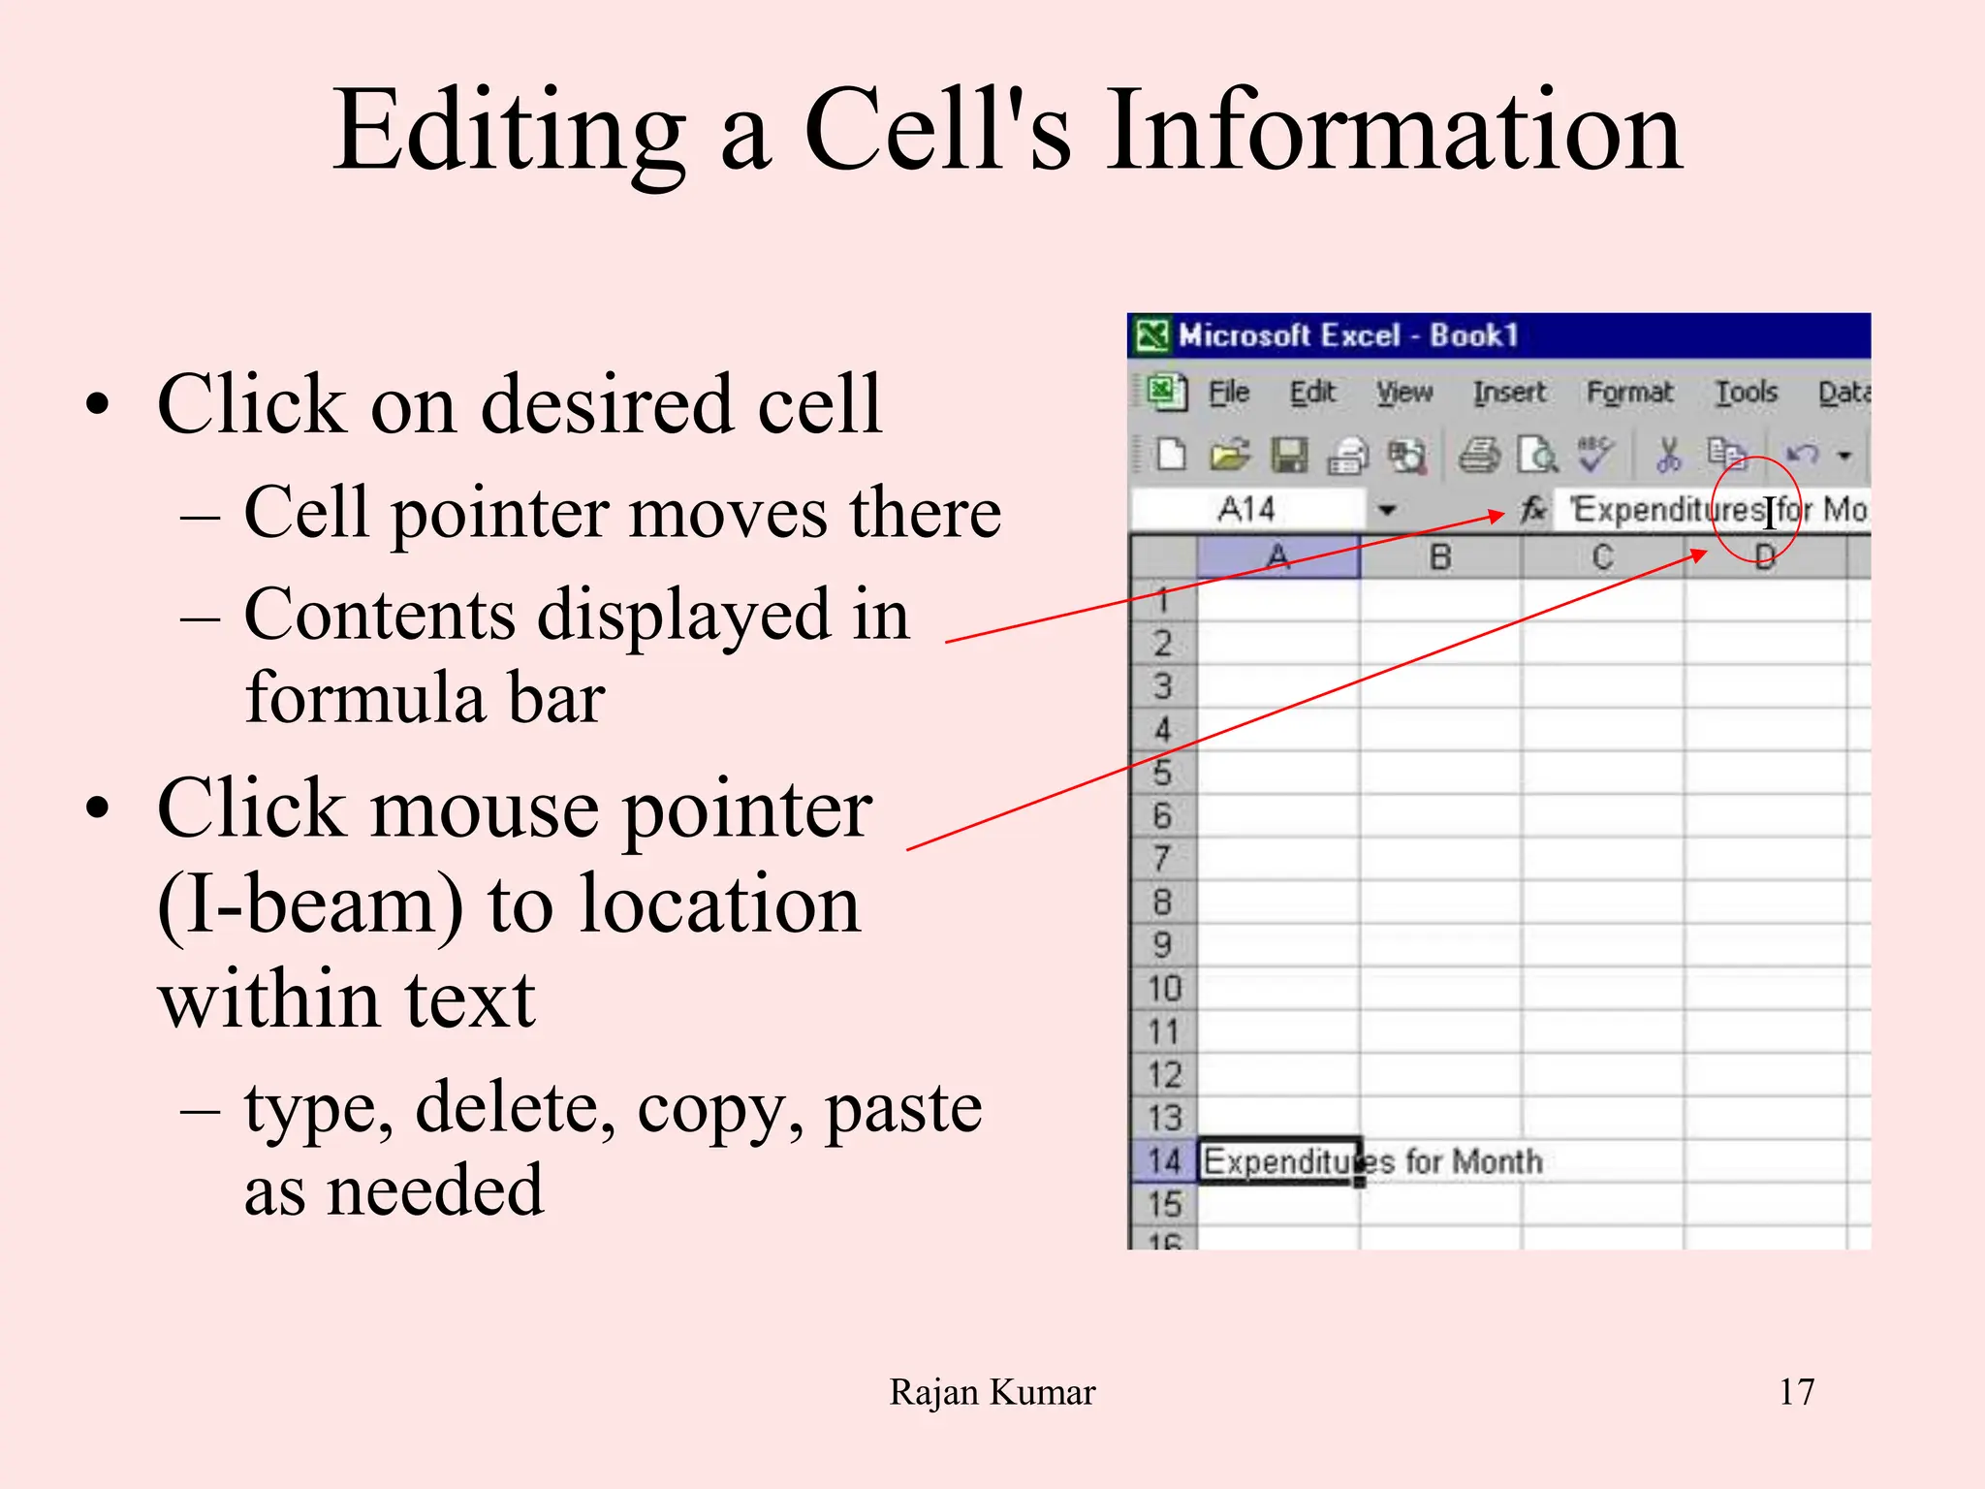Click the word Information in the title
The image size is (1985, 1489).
pyautogui.click(x=1394, y=131)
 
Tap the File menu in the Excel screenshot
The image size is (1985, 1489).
pyautogui.click(x=1228, y=393)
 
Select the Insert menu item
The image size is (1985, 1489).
pyautogui.click(x=1508, y=393)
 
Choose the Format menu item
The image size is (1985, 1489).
pyautogui.click(x=1628, y=393)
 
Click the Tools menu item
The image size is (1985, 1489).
pyautogui.click(x=1746, y=393)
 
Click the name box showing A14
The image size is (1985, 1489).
pyautogui.click(x=1247, y=509)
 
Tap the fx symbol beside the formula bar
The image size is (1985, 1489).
pyautogui.click(x=1532, y=509)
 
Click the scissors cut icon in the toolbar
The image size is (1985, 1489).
pyautogui.click(x=1668, y=454)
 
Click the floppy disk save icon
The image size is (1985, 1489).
pyautogui.click(x=1289, y=455)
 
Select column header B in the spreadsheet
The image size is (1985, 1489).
pyautogui.click(x=1440, y=557)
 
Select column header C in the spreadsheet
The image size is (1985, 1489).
pyautogui.click(x=1602, y=557)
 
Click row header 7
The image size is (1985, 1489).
pyautogui.click(x=1162, y=859)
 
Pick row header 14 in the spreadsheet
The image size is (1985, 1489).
pyautogui.click(x=1163, y=1160)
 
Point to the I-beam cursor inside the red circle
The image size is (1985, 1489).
pyautogui.click(x=1770, y=512)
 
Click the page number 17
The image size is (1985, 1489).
pyautogui.click(x=1796, y=1392)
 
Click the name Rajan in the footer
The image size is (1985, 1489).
pyautogui.click(x=933, y=1392)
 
